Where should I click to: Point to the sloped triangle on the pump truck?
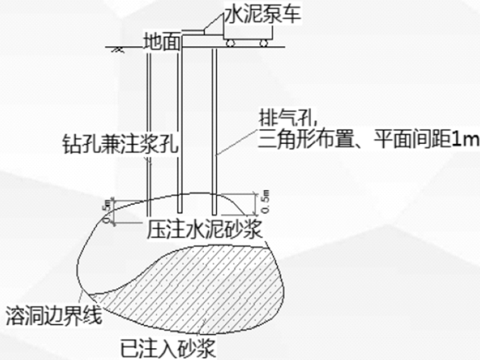pos(213,26)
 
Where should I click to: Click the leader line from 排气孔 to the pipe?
pos(237,141)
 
